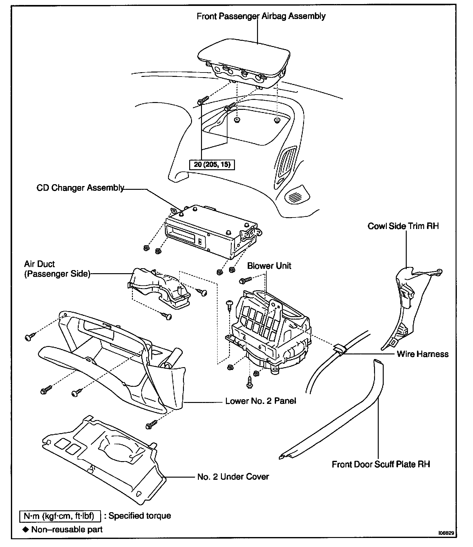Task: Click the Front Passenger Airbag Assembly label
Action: pos(261,16)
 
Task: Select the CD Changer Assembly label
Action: pos(80,188)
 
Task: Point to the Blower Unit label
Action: pos(269,266)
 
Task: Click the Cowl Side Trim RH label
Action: pos(403,226)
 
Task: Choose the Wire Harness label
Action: pos(423,354)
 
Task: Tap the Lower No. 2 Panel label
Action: pos(260,401)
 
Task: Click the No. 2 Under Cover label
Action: pos(233,477)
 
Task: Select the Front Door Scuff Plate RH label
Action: pos(381,465)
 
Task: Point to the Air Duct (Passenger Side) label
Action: pos(57,269)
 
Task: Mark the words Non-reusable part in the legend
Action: pos(67,529)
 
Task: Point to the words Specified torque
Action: pos(140,516)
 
